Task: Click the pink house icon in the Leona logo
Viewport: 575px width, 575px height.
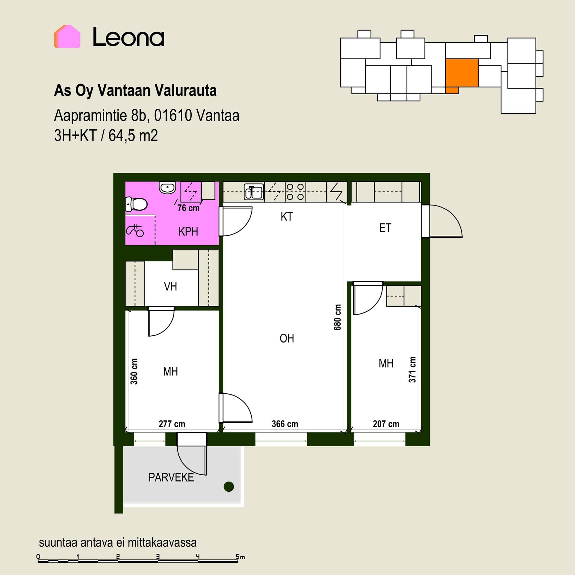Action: tap(67, 37)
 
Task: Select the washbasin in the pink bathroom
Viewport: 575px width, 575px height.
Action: tap(167, 188)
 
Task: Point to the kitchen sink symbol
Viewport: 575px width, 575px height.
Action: tap(254, 192)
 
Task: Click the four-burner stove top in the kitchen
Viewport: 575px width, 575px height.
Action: tap(295, 192)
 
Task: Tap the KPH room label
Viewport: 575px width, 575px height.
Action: tap(188, 231)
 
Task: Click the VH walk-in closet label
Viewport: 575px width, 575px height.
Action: tap(170, 286)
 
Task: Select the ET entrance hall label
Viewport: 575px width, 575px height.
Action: tap(385, 228)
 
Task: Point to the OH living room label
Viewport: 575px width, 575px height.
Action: tap(287, 338)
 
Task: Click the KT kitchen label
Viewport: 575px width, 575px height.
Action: tap(287, 217)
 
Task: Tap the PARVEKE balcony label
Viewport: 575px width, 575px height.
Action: tap(171, 477)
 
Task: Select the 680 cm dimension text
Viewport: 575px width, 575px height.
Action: tap(338, 317)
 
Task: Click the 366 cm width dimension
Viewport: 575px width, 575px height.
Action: tap(285, 424)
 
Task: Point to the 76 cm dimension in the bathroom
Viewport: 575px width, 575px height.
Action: tap(188, 208)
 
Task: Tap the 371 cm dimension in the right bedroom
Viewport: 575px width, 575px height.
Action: tap(412, 370)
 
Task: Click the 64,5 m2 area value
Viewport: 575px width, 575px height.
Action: tap(133, 135)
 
